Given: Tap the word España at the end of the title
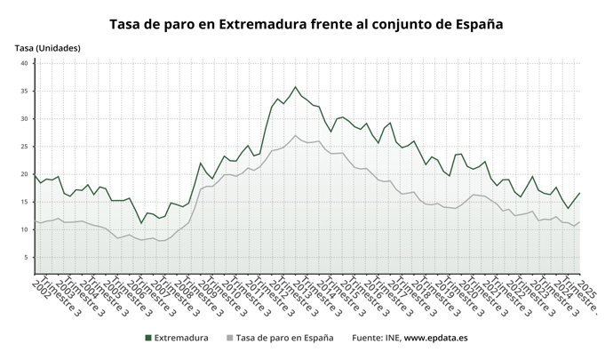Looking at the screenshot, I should point(477,25).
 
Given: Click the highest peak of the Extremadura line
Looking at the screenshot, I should point(296,87).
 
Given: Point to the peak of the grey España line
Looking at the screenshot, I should point(296,136).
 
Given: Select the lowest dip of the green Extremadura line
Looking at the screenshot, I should point(141,222).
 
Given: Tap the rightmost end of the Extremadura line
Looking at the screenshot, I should point(580,193).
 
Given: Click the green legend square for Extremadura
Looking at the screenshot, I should point(148,338).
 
